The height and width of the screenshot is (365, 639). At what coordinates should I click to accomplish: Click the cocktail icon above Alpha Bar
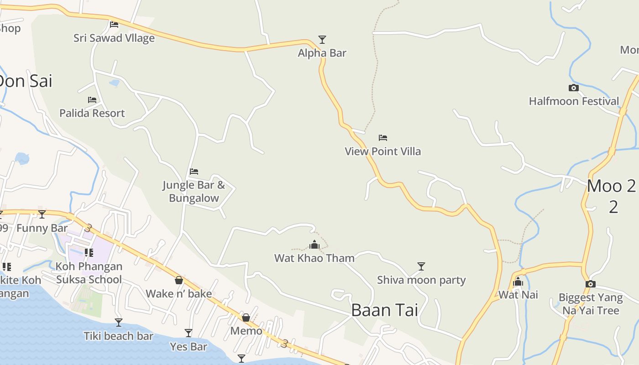coord(322,40)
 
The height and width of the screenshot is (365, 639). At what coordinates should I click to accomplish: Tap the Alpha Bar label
coord(322,53)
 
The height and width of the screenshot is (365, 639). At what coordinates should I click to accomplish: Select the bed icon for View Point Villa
coord(383,137)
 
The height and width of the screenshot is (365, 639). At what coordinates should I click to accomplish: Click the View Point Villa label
coord(383,151)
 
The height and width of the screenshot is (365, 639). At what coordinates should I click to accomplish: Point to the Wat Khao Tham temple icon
coord(314,245)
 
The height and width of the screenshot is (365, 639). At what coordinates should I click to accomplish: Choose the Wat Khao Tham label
coord(314,258)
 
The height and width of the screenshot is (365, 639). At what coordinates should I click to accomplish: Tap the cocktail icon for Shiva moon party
coord(421,266)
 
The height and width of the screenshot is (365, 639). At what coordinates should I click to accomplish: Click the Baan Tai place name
coord(384,310)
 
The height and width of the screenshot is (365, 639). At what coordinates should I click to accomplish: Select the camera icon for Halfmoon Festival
coord(574,88)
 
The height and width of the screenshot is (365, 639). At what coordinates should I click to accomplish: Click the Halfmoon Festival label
coord(574,101)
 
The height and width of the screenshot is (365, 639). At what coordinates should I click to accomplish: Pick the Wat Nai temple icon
coord(518,282)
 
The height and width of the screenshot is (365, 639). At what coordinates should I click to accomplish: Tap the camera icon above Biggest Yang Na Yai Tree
coord(591,284)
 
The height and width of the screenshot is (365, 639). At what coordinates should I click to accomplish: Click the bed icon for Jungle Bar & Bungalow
coord(194,172)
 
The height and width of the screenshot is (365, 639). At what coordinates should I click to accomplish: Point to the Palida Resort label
coord(92,113)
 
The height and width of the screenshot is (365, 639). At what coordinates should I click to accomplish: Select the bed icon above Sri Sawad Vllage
coord(114,24)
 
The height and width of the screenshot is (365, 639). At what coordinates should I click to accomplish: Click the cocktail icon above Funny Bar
coord(42,214)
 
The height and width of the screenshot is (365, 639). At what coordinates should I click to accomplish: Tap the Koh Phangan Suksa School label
coord(89,273)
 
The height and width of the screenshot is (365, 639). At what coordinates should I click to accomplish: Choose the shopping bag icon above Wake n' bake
coord(179,280)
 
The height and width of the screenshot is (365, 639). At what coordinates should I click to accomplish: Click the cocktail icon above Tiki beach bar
coord(119,323)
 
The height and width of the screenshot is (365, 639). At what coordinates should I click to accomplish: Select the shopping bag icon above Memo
coord(246,317)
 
